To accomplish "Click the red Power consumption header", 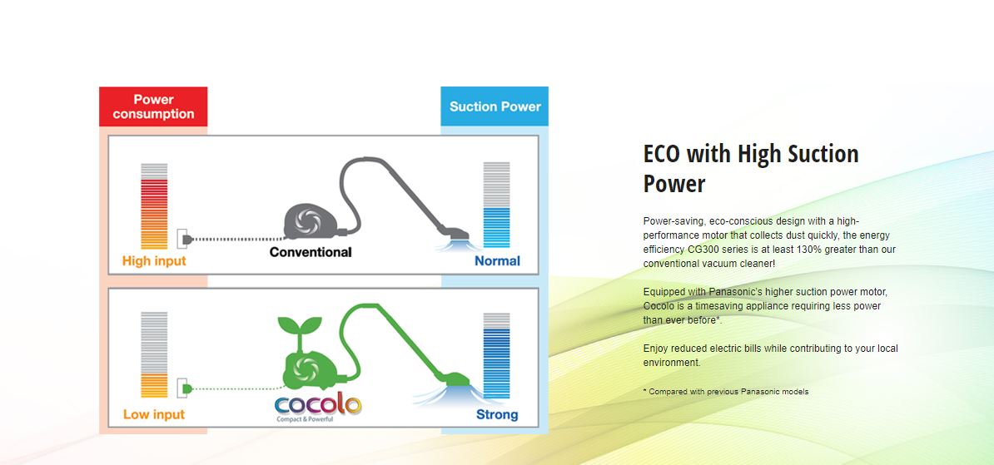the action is (153, 106).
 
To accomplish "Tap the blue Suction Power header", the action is (495, 106).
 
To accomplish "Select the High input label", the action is (154, 261).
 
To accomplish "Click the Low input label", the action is (154, 414).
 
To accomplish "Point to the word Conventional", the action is (311, 252).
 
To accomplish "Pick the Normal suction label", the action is (498, 261).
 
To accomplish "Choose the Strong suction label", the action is (497, 415).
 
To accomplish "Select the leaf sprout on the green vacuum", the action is (300, 328).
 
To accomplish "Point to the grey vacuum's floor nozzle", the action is (454, 235).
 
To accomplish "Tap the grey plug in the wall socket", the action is (186, 239).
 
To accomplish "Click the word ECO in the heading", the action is (663, 154).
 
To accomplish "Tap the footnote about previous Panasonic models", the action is (726, 392).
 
